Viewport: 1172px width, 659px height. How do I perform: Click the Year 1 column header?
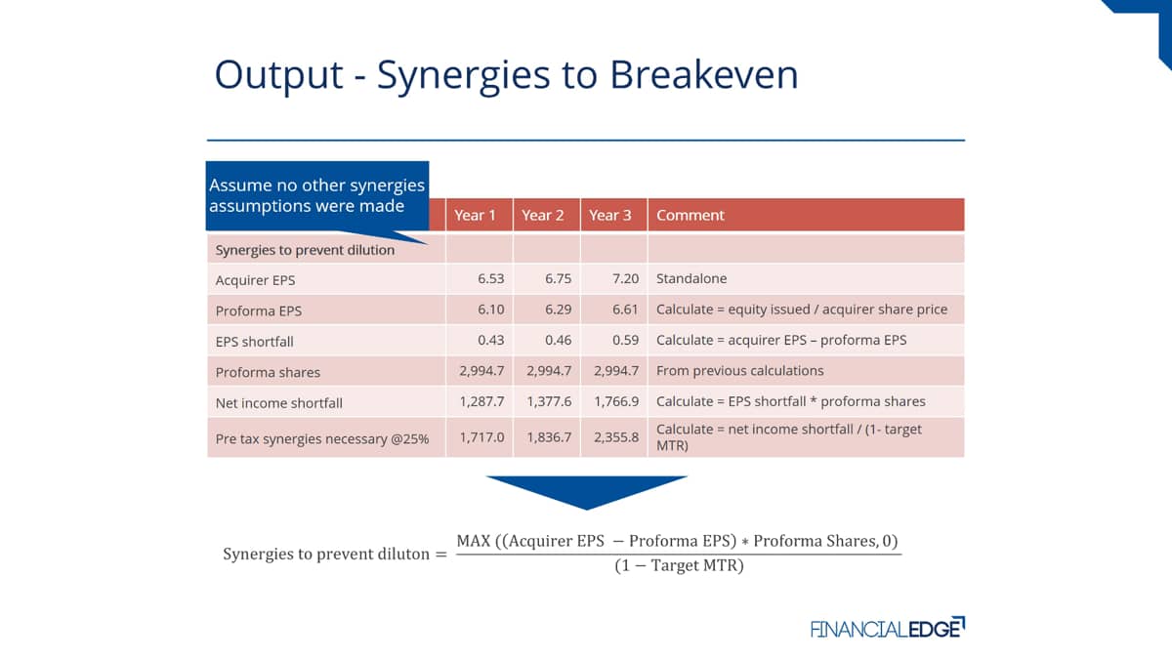tap(475, 215)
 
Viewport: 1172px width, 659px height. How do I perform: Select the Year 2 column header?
tap(543, 215)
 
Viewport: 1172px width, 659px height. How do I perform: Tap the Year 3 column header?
tap(610, 215)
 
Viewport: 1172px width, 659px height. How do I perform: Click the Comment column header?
tap(691, 215)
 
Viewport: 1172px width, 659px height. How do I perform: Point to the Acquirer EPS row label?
tap(255, 280)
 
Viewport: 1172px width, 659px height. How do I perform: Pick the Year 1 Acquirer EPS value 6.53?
tap(490, 278)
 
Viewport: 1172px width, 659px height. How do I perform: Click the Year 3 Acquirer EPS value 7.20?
tap(626, 278)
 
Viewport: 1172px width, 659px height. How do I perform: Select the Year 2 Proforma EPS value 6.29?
tap(559, 309)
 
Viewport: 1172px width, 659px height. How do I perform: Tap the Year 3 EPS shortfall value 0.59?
tap(626, 340)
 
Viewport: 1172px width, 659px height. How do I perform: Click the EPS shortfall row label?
tap(254, 342)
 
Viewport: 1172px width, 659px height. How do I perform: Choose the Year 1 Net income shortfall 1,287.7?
tap(481, 401)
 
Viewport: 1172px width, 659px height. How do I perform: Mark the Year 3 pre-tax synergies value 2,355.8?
tap(616, 437)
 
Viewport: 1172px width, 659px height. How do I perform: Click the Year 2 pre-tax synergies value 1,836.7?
tap(549, 437)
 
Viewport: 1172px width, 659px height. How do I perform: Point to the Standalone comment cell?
tap(691, 278)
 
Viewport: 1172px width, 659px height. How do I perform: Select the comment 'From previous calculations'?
tap(740, 370)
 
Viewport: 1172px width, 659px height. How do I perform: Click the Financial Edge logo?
tap(888, 628)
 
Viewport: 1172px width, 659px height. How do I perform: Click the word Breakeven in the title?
tap(704, 74)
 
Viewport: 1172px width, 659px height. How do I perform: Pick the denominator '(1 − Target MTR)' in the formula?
tap(679, 566)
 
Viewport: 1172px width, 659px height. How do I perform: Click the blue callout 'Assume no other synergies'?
tap(317, 195)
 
